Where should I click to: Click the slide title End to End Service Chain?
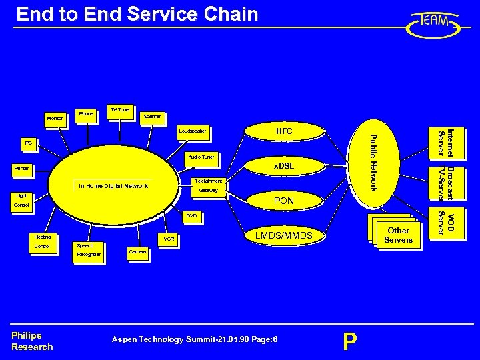[137, 14]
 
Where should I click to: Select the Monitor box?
[55, 119]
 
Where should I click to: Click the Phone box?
[86, 114]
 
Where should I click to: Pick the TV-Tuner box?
[120, 109]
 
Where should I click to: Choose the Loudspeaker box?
[193, 131]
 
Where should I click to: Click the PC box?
[29, 143]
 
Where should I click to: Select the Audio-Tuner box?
[201, 157]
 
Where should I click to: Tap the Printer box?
[23, 169]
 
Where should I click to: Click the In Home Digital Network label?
[113, 186]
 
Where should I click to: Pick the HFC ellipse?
[284, 131]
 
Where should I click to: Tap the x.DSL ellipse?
[284, 165]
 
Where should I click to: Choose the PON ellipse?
[284, 200]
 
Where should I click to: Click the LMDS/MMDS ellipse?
[284, 235]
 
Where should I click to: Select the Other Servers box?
[397, 235]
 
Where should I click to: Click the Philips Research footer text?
[31, 341]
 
